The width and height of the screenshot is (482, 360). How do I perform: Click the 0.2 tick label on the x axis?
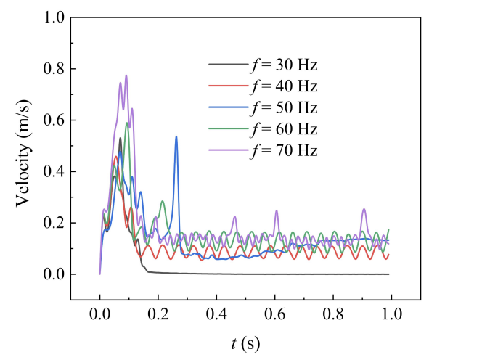(158, 317)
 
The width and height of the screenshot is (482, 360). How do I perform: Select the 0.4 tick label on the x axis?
(216, 317)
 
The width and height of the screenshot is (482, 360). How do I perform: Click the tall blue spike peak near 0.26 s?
(176, 136)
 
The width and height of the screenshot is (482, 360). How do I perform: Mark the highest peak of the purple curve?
(126, 75)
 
